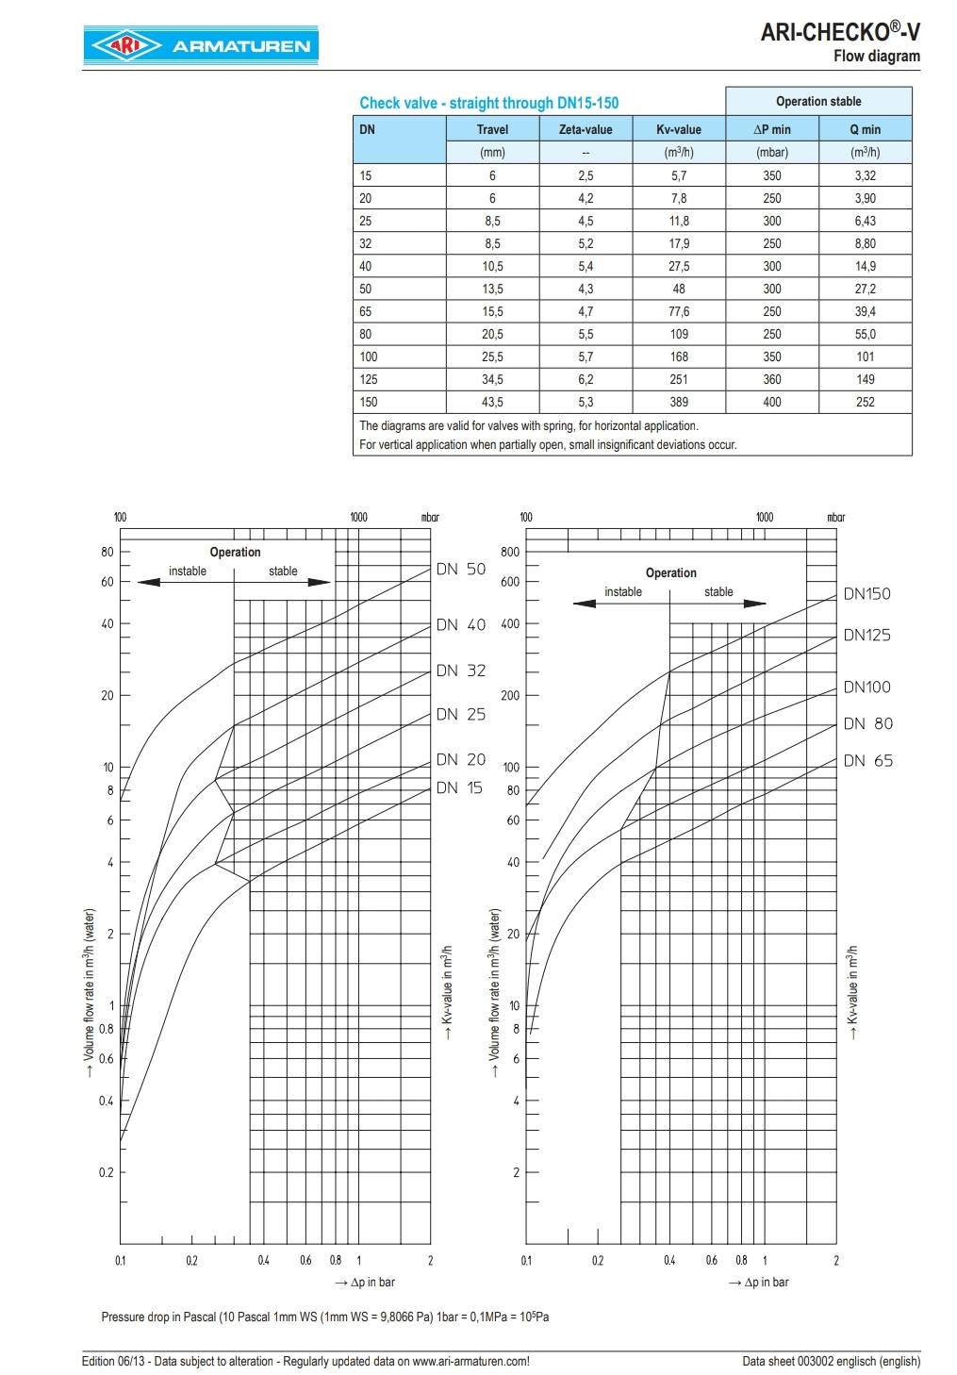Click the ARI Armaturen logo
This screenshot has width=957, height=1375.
coord(199,45)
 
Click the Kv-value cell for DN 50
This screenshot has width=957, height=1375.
coord(679,289)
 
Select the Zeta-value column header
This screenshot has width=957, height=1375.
coord(586,129)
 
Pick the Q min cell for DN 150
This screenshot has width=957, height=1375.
coord(865,402)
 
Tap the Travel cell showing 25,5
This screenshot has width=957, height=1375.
coord(492,356)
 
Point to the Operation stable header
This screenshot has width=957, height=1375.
coord(818,101)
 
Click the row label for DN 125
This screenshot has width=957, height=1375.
coord(369,379)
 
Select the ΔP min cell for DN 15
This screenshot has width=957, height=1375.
coord(772,175)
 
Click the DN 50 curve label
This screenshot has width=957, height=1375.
coord(461,569)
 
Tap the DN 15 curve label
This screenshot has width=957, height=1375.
coord(461,787)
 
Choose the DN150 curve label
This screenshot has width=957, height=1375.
coord(866,593)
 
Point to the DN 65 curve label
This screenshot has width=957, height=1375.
coord(867,760)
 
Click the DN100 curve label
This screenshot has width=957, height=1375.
coord(866,687)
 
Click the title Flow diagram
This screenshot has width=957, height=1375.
coord(876,56)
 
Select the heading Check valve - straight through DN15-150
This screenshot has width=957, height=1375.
coord(489,103)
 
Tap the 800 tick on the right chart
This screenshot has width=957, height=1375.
coord(510,552)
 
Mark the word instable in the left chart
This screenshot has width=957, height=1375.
coord(188,571)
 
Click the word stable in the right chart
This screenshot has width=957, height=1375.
coord(718,591)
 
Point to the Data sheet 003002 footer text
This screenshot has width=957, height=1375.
coord(831,1361)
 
